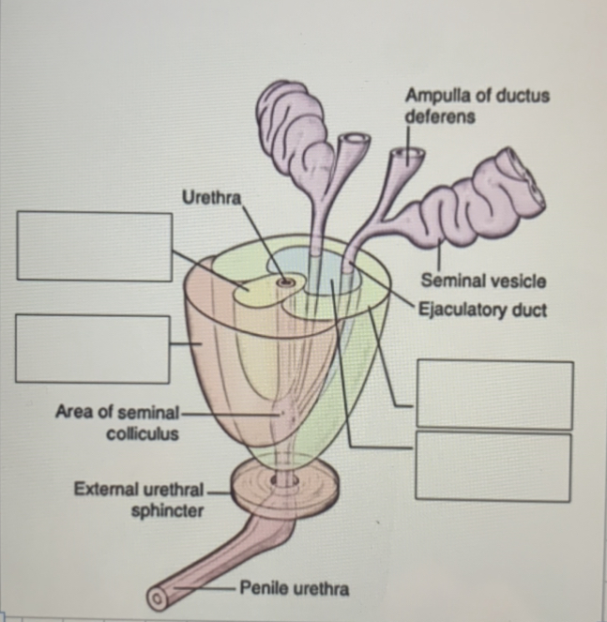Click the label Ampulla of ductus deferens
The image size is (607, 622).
(477, 106)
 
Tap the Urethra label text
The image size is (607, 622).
(211, 198)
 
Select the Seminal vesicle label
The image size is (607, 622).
(483, 281)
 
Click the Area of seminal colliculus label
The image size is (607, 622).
(118, 422)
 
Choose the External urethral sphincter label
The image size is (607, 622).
(141, 500)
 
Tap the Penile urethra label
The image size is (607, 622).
(295, 589)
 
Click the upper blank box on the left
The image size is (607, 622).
(94, 246)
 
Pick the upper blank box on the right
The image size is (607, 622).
(494, 394)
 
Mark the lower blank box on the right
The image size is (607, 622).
(494, 467)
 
